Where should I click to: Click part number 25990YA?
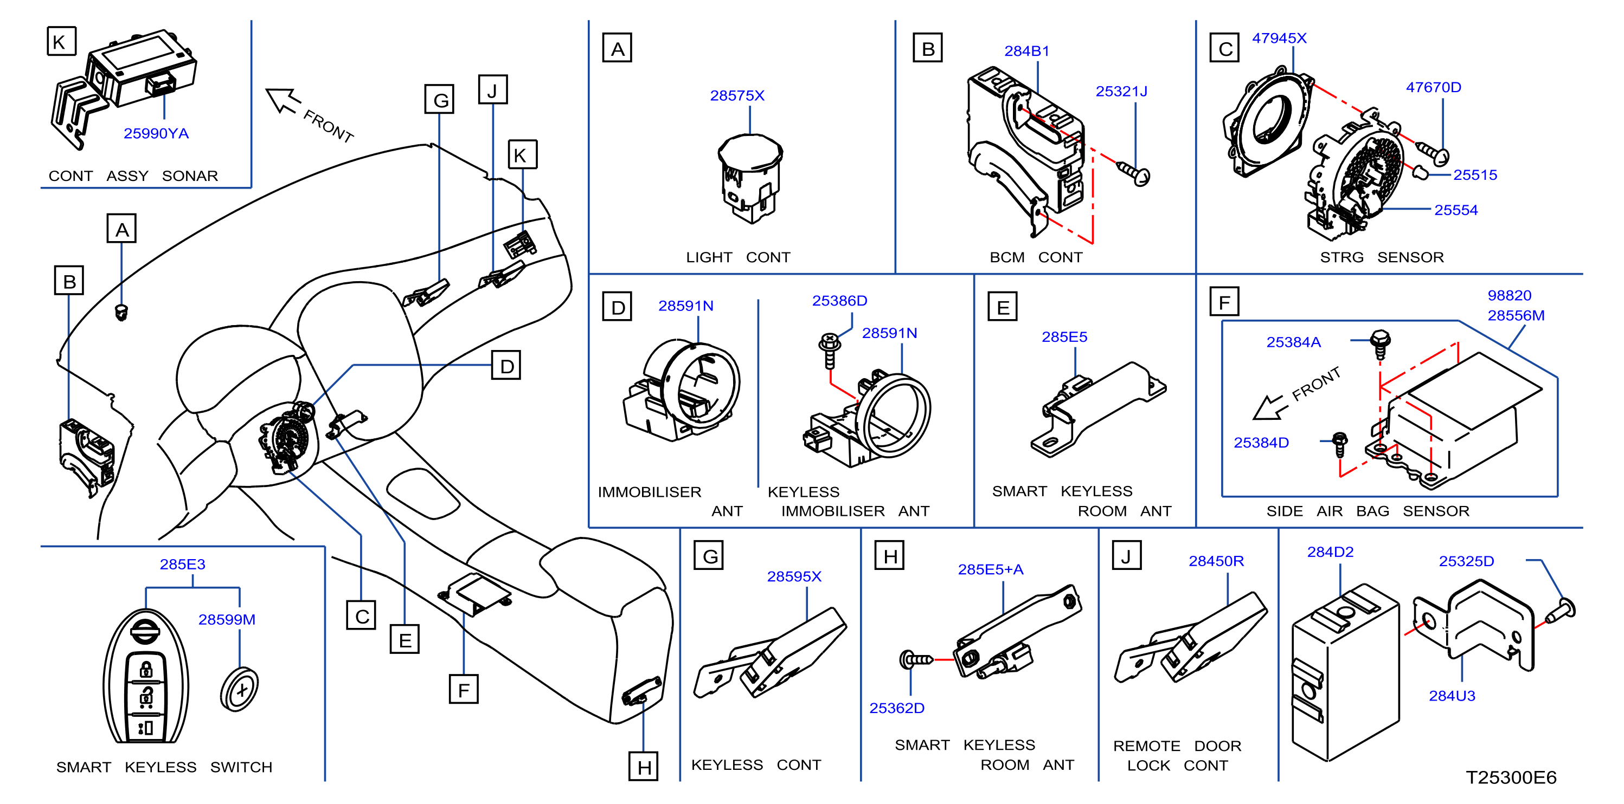(x=156, y=134)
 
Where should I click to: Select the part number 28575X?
(x=737, y=96)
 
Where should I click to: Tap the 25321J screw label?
(x=1121, y=92)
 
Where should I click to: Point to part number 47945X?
(x=1279, y=38)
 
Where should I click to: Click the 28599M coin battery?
(x=240, y=689)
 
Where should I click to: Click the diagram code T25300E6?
(x=1511, y=777)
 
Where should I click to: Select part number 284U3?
(x=1452, y=696)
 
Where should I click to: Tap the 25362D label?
(x=896, y=708)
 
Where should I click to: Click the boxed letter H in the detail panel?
(x=890, y=556)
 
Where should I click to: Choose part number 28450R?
(x=1216, y=561)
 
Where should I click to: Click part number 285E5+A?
(x=991, y=569)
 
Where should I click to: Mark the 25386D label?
(x=839, y=301)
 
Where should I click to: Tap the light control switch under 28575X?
(x=750, y=178)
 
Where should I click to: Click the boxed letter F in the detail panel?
(x=1224, y=302)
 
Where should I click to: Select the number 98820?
(x=1509, y=295)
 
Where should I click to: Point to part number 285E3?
(x=182, y=565)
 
